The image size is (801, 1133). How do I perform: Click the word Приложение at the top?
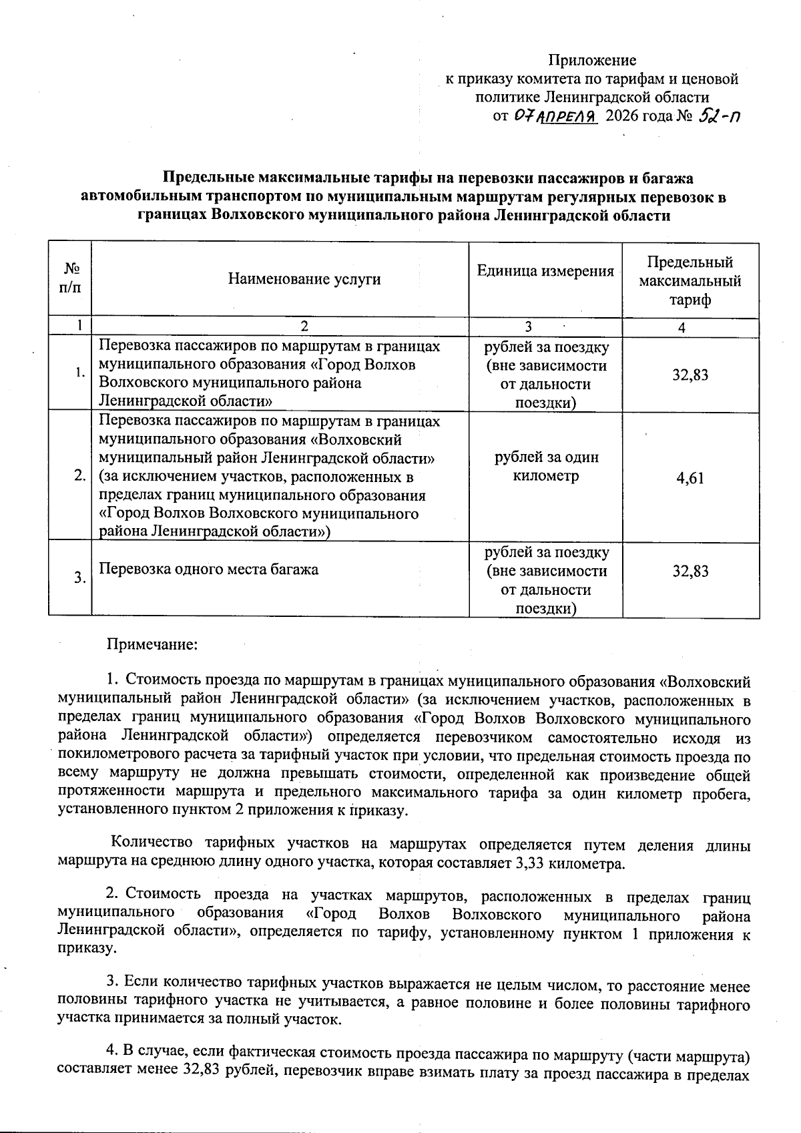pyautogui.click(x=592, y=60)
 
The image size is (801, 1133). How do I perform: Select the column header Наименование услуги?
pyautogui.click(x=304, y=278)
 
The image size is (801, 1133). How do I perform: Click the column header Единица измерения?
pyautogui.click(x=545, y=271)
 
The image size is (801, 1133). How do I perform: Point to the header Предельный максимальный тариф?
pyautogui.click(x=690, y=280)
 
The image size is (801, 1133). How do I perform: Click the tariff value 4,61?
pyautogui.click(x=690, y=478)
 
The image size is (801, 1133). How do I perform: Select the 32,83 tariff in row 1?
pyautogui.click(x=690, y=375)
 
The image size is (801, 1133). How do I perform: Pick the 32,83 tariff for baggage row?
pyautogui.click(x=690, y=571)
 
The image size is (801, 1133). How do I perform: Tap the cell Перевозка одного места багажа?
pyautogui.click(x=209, y=570)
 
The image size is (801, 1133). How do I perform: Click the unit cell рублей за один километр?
pyautogui.click(x=546, y=467)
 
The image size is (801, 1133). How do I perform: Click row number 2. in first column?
pyautogui.click(x=79, y=476)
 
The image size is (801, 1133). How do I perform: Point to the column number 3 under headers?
pyautogui.click(x=528, y=327)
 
